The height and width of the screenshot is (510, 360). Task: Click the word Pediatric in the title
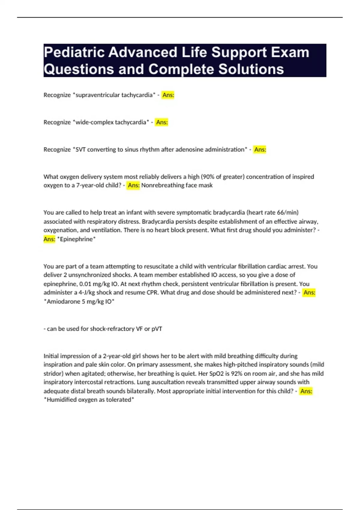(x=73, y=52)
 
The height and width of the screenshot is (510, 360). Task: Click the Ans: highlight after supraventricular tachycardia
(x=168, y=95)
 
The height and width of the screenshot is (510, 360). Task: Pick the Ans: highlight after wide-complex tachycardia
(x=162, y=122)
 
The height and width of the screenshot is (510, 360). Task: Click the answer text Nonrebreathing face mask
(x=177, y=185)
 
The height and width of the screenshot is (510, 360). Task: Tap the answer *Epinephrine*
(x=76, y=239)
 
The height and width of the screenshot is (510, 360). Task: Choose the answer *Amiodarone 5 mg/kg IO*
(x=79, y=301)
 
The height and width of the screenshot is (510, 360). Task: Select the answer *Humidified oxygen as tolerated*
(x=89, y=400)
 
